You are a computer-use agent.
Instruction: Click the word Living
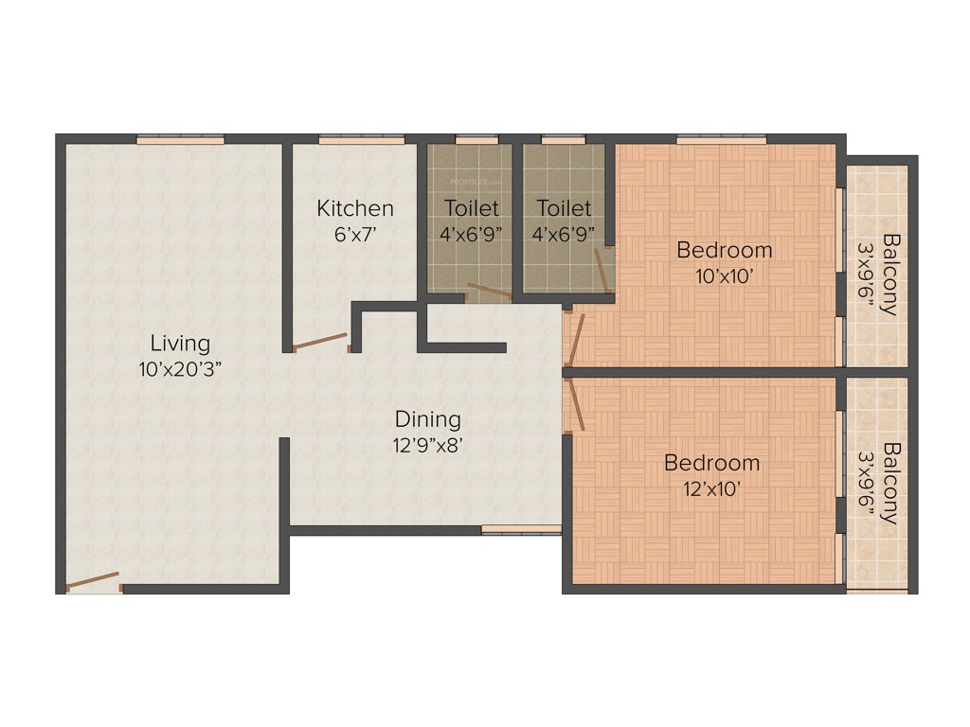coord(180,343)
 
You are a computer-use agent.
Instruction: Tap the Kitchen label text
coord(355,208)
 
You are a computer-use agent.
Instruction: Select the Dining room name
coord(428,418)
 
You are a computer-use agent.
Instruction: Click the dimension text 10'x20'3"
coord(180,369)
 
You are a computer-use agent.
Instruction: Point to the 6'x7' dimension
coord(355,234)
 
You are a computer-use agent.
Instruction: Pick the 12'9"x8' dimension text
coord(428,445)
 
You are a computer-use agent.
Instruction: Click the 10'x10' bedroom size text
coord(725,275)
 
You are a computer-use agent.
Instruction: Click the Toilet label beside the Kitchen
coord(471,208)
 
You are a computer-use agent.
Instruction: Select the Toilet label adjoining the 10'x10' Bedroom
coord(564,208)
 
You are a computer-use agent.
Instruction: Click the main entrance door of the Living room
coord(93,580)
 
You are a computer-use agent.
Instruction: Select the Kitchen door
coord(319,342)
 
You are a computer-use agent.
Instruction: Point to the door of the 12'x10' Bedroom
coord(575,407)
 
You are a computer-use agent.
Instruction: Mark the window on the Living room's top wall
coord(180,139)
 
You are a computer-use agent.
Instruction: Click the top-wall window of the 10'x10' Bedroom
coord(721,139)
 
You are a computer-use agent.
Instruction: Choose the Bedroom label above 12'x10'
coord(711,463)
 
